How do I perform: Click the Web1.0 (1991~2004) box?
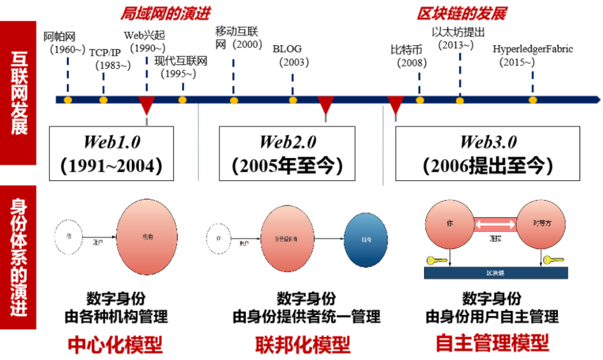(x=111, y=153)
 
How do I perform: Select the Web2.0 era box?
(x=286, y=153)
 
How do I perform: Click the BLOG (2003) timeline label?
(x=290, y=55)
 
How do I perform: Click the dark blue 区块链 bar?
(x=496, y=273)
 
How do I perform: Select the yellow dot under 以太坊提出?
(x=460, y=100)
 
